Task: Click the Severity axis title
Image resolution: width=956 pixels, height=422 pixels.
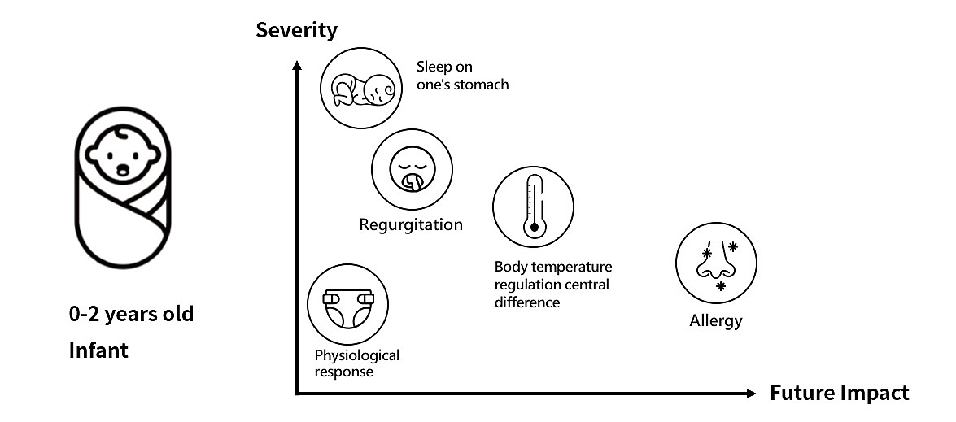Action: click(296, 31)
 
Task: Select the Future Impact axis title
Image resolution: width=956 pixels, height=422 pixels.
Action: click(839, 394)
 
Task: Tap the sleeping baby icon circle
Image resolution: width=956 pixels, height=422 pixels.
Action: click(359, 89)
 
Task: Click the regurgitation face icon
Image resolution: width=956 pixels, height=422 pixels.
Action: click(412, 169)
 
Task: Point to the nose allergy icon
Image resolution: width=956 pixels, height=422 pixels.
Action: click(716, 262)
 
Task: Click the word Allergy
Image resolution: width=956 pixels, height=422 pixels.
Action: click(716, 320)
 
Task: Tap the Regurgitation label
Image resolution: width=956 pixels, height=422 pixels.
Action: click(411, 224)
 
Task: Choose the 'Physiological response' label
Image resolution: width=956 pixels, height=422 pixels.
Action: click(356, 363)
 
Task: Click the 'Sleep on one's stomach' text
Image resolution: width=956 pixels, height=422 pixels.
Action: click(462, 76)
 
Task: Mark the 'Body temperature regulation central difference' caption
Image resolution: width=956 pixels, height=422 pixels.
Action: click(552, 285)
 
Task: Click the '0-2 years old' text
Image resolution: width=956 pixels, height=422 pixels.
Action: click(131, 314)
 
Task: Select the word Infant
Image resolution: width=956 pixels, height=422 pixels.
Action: click(98, 351)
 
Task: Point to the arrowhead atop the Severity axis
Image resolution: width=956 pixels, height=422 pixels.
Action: click(297, 64)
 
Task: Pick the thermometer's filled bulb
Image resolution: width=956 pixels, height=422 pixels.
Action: click(534, 228)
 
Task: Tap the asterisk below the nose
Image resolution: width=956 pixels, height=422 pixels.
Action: click(720, 287)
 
